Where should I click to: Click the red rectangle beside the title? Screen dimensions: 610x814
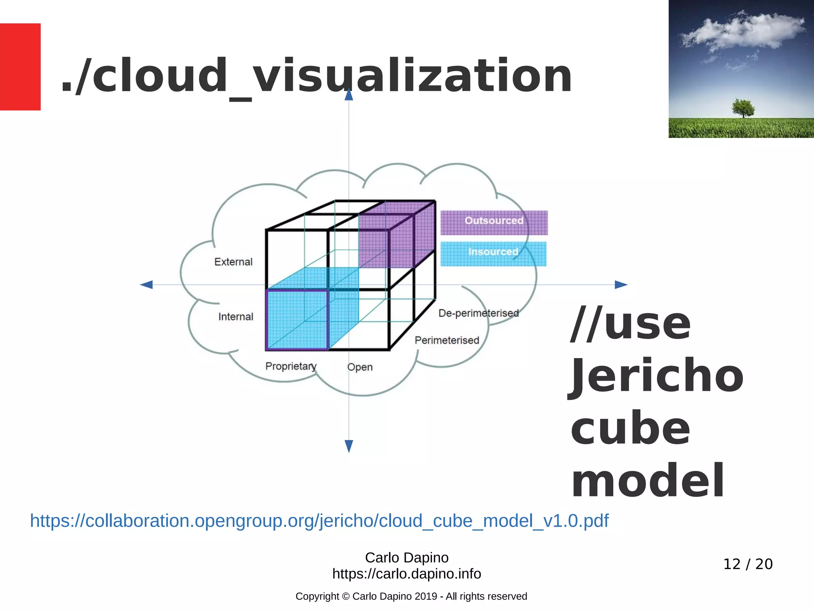(20, 67)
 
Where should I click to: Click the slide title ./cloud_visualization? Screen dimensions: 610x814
(316, 75)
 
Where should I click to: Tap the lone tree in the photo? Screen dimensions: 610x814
(742, 108)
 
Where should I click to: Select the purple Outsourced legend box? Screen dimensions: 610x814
(494, 222)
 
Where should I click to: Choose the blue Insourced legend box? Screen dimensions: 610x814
(493, 254)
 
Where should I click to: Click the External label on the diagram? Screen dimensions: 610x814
(233, 262)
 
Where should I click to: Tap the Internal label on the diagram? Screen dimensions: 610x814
(236, 317)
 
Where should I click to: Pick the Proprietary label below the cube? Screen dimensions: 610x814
(291, 366)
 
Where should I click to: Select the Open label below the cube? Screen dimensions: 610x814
(360, 367)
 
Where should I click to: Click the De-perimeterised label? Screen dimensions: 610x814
(479, 313)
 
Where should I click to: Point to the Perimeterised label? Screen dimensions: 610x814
(447, 340)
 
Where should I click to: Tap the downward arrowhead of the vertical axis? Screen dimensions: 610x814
(349, 446)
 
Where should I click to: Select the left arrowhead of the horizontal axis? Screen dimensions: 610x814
(147, 285)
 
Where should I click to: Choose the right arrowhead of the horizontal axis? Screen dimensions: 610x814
(621, 285)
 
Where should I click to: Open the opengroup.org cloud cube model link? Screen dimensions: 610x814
(319, 521)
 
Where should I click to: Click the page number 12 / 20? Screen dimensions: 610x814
(748, 564)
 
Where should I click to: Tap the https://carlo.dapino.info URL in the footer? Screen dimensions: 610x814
(407, 574)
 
